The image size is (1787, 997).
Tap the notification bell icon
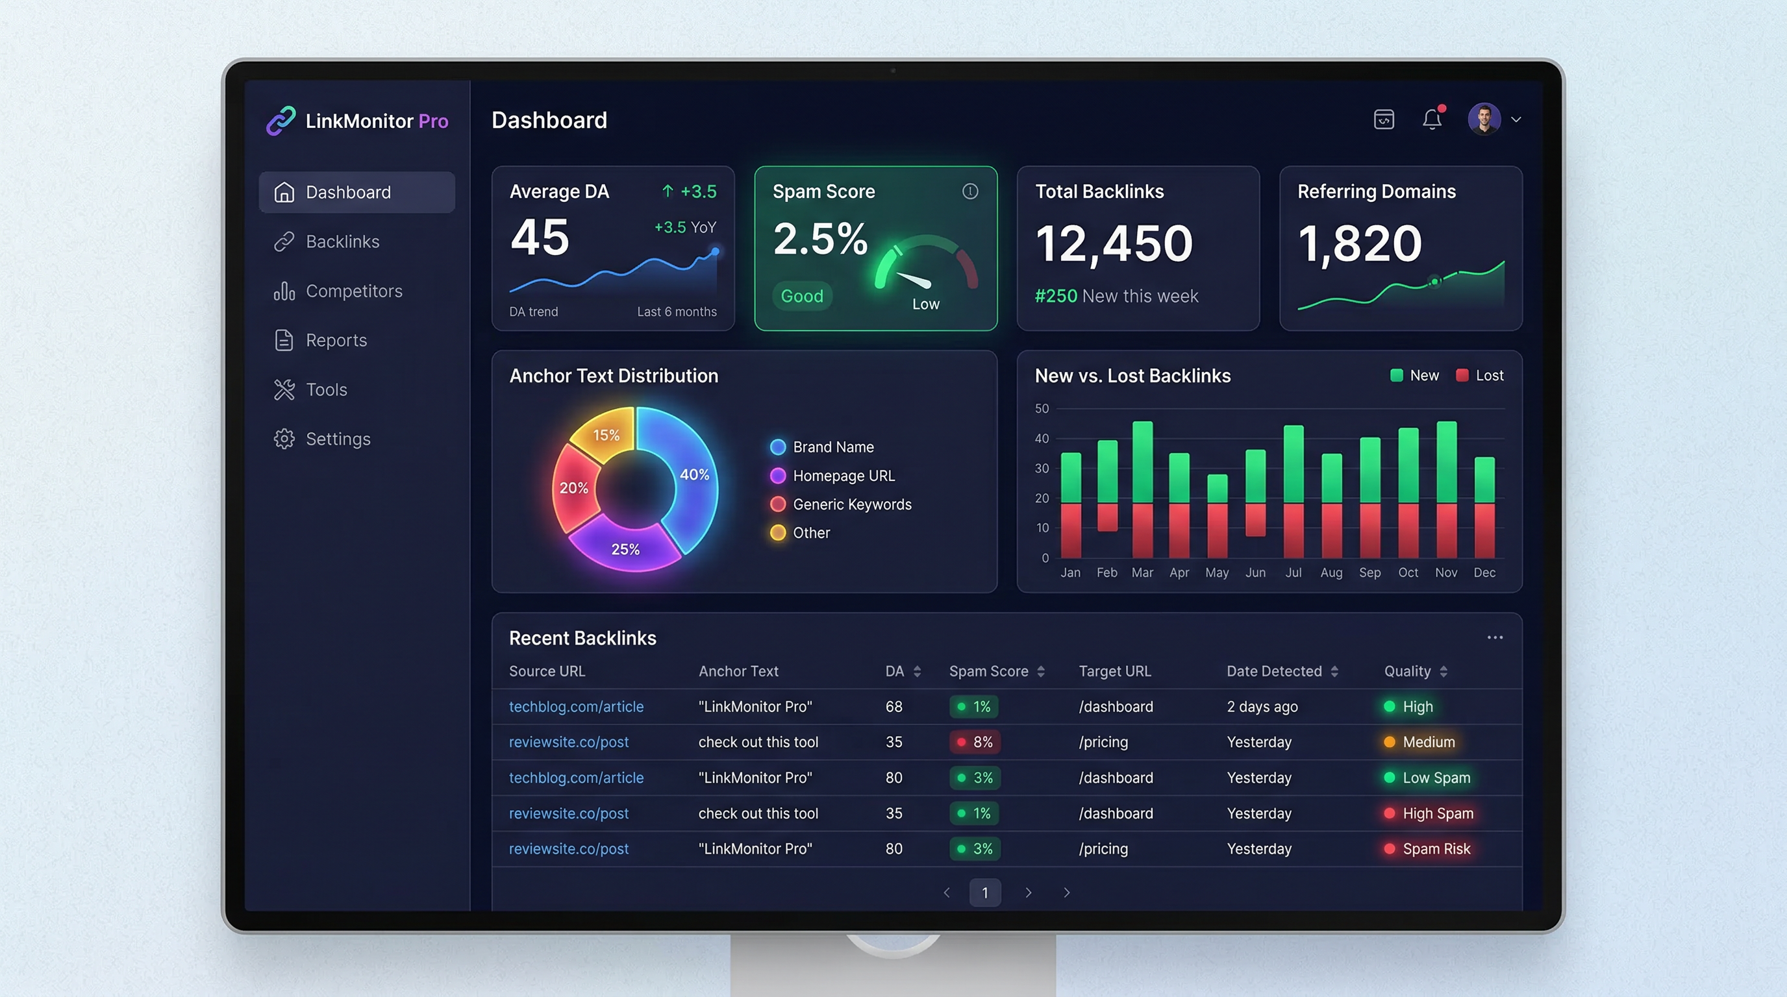pyautogui.click(x=1432, y=119)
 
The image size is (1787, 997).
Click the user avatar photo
pyautogui.click(x=1484, y=119)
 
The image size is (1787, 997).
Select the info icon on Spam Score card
pyautogui.click(x=970, y=191)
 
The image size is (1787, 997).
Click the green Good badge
pyautogui.click(x=801, y=296)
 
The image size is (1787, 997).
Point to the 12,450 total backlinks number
pyautogui.click(x=1114, y=243)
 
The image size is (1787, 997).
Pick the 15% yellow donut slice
pyautogui.click(x=606, y=435)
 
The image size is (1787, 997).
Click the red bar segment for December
pyautogui.click(x=1484, y=530)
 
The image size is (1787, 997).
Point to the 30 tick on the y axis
pyautogui.click(x=1042, y=469)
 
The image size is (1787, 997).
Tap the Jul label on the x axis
pyautogui.click(x=1293, y=572)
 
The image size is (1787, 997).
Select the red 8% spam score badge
pyautogui.click(x=975, y=742)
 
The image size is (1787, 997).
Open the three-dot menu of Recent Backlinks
pyautogui.click(x=1494, y=637)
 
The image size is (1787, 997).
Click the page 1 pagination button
pyautogui.click(x=984, y=892)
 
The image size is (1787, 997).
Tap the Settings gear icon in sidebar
pyautogui.click(x=284, y=439)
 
